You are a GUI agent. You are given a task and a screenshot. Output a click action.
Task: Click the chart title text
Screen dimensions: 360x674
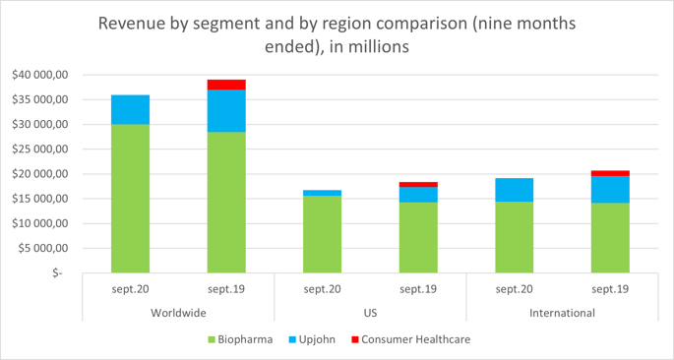pyautogui.click(x=337, y=33)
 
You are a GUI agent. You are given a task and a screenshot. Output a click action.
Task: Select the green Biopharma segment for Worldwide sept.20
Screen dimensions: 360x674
pyautogui.click(x=130, y=198)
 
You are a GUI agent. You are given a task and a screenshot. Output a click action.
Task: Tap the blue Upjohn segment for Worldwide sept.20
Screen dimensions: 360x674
pyautogui.click(x=130, y=109)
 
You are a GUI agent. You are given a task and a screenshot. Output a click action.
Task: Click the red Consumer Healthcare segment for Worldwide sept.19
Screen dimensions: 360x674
pyautogui.click(x=226, y=85)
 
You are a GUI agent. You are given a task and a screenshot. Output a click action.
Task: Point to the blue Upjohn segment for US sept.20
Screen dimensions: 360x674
pyautogui.click(x=322, y=193)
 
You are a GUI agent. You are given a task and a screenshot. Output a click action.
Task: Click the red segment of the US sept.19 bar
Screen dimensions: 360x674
pyautogui.click(x=418, y=184)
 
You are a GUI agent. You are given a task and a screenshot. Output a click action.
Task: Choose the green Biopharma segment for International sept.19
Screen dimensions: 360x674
pyautogui.click(x=610, y=237)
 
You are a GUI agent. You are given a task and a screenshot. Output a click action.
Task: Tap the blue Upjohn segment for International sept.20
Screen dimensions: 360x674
pyautogui.click(x=514, y=190)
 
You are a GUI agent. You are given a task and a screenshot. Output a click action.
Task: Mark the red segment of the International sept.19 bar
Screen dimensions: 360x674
pyautogui.click(x=610, y=173)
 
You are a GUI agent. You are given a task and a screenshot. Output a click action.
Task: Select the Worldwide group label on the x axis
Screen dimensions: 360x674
pyautogui.click(x=178, y=313)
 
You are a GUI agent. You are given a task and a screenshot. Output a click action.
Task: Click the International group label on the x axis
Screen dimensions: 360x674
pyautogui.click(x=562, y=313)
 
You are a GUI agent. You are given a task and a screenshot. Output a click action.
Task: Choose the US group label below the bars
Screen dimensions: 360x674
pyautogui.click(x=370, y=313)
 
